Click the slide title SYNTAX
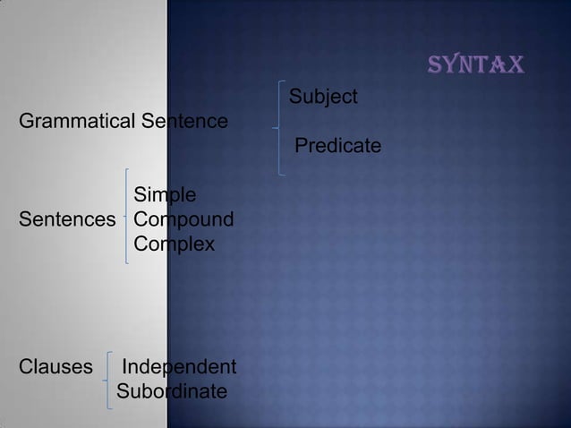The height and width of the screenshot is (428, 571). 477,65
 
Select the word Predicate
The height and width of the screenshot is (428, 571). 337,145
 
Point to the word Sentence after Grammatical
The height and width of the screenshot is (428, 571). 183,120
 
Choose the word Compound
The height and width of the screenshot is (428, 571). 183,219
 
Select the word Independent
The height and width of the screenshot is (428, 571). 179,367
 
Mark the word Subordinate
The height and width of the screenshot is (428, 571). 172,392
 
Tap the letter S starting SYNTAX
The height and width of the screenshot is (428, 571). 437,65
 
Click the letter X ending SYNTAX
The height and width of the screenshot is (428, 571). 516,65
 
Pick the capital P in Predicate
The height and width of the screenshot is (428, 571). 302,145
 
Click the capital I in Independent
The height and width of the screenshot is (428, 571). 124,367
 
